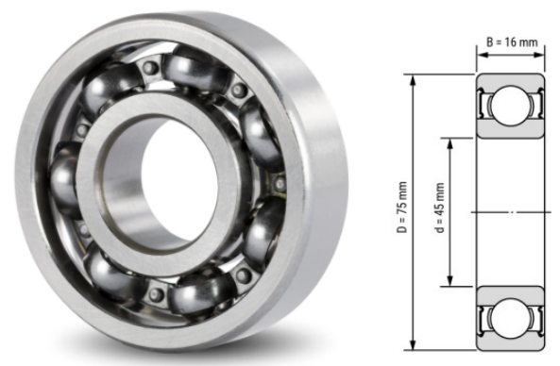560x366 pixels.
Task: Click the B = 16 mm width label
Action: click(512, 42)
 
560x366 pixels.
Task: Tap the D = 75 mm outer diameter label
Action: click(402, 208)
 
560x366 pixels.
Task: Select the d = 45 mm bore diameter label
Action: click(440, 208)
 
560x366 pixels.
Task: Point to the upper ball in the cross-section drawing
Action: click(510, 106)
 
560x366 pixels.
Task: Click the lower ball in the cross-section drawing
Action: click(510, 319)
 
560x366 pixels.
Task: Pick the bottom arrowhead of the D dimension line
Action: click(413, 346)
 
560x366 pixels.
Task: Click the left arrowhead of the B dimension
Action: click(483, 55)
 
